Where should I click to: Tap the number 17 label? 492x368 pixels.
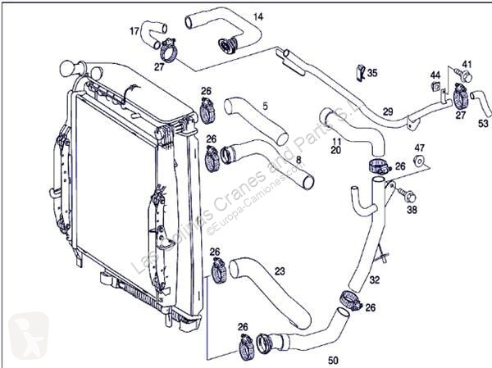pyautogui.click(x=134, y=32)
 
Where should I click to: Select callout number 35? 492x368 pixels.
pyautogui.click(x=373, y=74)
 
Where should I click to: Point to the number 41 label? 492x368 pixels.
pyautogui.click(x=467, y=64)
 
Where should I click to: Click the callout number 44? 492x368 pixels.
pyautogui.click(x=435, y=76)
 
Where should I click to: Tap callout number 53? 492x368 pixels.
pyautogui.click(x=483, y=123)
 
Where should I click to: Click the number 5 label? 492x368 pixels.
pyautogui.click(x=265, y=106)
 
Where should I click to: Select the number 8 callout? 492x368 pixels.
pyautogui.click(x=298, y=159)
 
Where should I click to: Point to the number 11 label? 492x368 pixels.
pyautogui.click(x=336, y=142)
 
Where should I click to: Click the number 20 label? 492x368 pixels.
pyautogui.click(x=336, y=152)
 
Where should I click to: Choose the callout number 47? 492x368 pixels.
pyautogui.click(x=419, y=148)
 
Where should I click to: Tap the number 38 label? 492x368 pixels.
pyautogui.click(x=412, y=210)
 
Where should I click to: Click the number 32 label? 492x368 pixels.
pyautogui.click(x=375, y=279)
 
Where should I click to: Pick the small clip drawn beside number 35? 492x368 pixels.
pyautogui.click(x=359, y=72)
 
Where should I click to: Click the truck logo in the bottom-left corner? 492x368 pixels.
pyautogui.click(x=23, y=336)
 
